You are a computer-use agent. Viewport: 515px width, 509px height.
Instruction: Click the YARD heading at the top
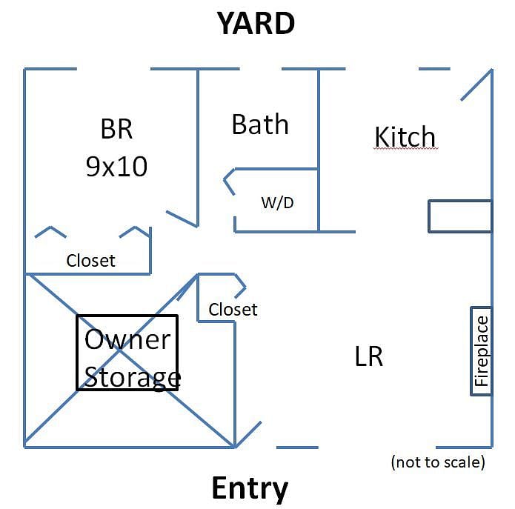[x=256, y=23]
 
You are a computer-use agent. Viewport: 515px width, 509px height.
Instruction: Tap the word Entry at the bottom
[x=250, y=489]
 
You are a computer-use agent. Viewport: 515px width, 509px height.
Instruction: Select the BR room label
[x=116, y=129]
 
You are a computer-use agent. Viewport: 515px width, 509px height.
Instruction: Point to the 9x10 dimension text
[x=116, y=167]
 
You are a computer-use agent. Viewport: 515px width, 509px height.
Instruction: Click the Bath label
[x=260, y=124]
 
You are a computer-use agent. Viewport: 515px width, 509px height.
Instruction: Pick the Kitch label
[x=405, y=136]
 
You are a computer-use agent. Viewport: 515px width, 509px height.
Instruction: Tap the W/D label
[x=278, y=202]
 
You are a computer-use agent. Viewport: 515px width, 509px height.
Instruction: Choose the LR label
[x=369, y=356]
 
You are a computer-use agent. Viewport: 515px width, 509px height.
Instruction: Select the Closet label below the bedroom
[x=90, y=261]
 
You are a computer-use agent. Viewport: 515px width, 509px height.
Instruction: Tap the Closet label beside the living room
[x=233, y=310]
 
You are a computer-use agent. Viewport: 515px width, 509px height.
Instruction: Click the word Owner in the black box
[x=127, y=339]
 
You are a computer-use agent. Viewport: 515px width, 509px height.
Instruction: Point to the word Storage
[x=133, y=378]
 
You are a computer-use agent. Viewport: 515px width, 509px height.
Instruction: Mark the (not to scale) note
[x=438, y=462]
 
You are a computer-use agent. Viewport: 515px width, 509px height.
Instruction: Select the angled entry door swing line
[x=248, y=434]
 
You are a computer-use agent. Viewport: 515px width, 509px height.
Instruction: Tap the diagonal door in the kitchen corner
[x=476, y=85]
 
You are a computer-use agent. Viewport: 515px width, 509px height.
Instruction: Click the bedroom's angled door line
[x=182, y=219]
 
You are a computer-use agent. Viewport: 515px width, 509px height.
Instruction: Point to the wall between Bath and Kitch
[x=319, y=150]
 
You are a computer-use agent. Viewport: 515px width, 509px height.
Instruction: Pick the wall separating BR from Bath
[x=198, y=147]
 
